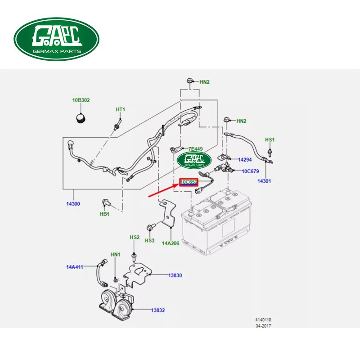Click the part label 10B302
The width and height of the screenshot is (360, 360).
(x=81, y=101)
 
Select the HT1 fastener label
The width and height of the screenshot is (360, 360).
(x=120, y=109)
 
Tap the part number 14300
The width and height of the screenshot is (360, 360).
(x=73, y=204)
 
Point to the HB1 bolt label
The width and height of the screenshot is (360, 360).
(x=104, y=214)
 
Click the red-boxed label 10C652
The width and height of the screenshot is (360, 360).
(x=189, y=182)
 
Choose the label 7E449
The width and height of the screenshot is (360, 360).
(x=196, y=148)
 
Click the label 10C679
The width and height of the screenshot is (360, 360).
(x=251, y=171)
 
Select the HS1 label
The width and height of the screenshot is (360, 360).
(x=270, y=140)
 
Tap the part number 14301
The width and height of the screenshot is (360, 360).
(x=264, y=181)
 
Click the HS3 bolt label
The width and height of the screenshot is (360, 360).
(x=149, y=241)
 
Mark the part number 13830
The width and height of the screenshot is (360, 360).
(x=175, y=275)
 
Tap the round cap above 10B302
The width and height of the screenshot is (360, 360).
(x=81, y=118)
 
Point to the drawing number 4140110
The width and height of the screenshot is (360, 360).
(x=263, y=320)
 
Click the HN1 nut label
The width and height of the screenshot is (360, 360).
(x=116, y=255)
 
